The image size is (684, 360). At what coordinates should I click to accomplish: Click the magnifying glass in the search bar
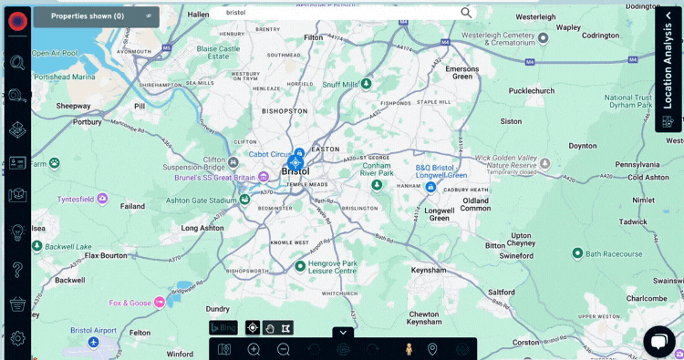(466, 13)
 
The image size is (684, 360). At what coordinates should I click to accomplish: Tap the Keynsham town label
(429, 271)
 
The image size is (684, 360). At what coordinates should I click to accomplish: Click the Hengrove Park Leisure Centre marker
(300, 266)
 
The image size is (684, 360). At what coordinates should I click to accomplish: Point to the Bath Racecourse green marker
(577, 252)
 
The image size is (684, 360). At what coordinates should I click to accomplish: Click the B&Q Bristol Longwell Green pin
(430, 187)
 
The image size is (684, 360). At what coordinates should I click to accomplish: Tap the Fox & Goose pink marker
(160, 302)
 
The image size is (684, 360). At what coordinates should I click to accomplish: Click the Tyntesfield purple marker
(102, 198)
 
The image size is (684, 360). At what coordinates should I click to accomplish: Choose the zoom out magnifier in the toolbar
(284, 349)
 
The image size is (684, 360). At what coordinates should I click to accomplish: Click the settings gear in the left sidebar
(17, 338)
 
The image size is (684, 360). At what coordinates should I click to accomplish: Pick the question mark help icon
(17, 270)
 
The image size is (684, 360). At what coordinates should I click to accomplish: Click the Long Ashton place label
(203, 228)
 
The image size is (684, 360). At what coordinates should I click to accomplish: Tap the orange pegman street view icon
(409, 349)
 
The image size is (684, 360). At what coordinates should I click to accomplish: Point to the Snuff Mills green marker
(366, 84)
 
